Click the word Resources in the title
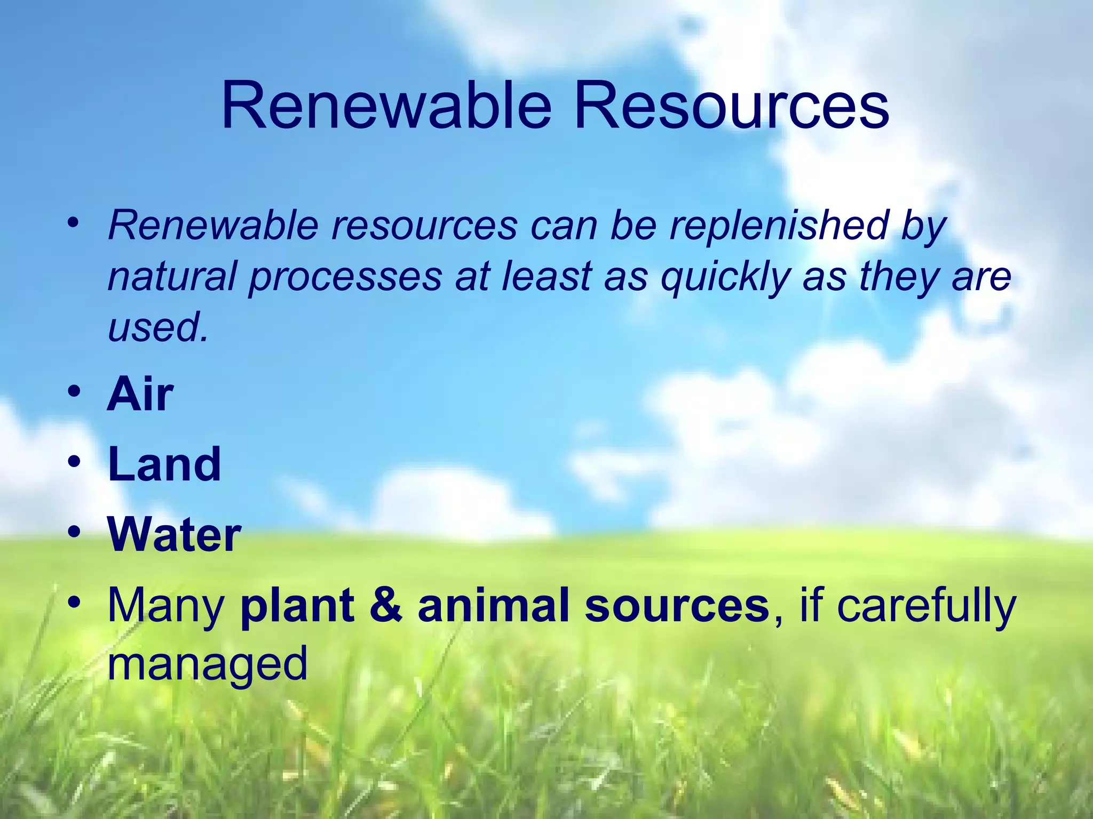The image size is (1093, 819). (731, 105)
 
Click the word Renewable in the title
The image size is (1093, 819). (386, 105)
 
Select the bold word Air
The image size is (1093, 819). (140, 395)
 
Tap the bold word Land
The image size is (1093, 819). (164, 464)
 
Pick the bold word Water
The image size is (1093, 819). (175, 535)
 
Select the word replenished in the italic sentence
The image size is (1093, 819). (779, 225)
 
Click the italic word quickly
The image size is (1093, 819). (725, 277)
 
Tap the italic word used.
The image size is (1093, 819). (157, 327)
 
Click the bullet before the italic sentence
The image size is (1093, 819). (74, 221)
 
